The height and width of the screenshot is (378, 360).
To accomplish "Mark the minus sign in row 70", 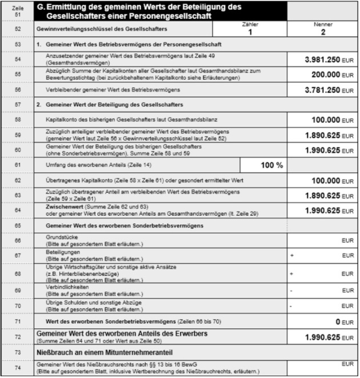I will (x=291, y=306).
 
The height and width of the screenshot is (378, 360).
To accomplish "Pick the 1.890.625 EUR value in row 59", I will (x=322, y=136).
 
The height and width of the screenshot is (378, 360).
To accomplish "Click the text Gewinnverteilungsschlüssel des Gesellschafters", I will (x=94, y=29).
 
